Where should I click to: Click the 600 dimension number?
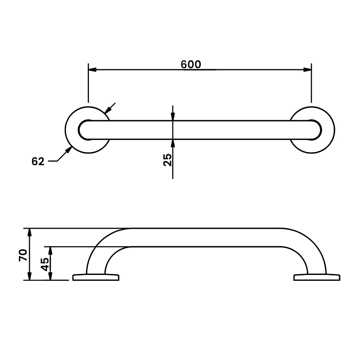(191, 64)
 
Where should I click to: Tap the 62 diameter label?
(38, 161)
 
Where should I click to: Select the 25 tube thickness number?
(167, 159)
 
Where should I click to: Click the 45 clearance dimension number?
(45, 264)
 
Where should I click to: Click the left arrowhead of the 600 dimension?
(92, 70)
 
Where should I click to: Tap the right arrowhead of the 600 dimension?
(307, 70)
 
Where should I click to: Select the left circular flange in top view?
(72, 130)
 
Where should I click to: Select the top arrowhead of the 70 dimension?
(30, 232)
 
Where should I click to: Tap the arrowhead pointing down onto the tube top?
(173, 116)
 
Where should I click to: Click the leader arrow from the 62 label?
(69, 150)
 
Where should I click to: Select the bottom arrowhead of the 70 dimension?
(30, 276)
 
